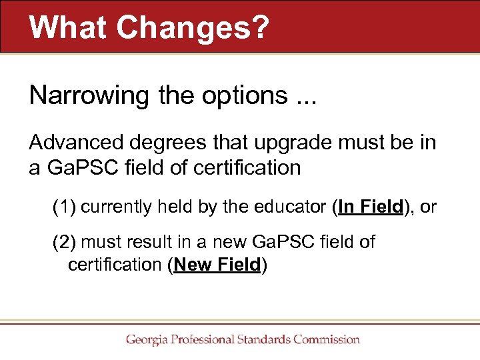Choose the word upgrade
(x=272, y=143)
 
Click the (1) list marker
(x=65, y=207)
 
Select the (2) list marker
(x=65, y=242)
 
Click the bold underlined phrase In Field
(x=371, y=207)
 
